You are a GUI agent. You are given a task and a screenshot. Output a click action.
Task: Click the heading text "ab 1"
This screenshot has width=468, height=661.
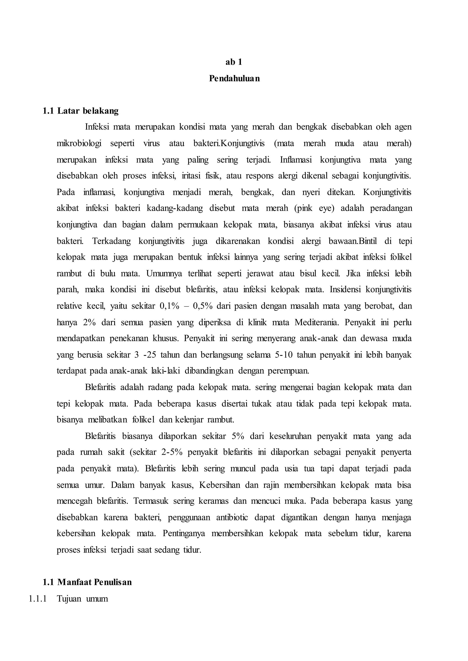(x=234, y=62)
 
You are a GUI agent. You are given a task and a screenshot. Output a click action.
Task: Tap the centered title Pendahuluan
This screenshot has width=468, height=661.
(x=234, y=78)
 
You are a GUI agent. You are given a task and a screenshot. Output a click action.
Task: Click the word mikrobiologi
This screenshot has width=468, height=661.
(x=79, y=143)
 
